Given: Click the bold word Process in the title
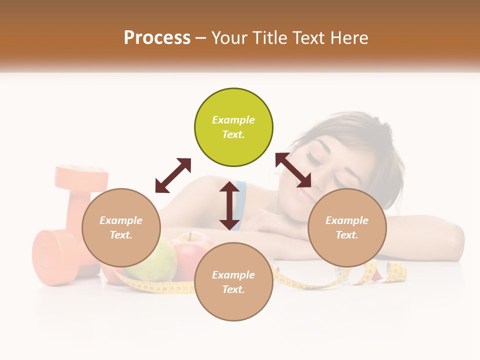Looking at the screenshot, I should [x=157, y=38].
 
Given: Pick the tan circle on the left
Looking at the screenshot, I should [x=121, y=227].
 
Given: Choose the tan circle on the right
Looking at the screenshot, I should [x=347, y=227].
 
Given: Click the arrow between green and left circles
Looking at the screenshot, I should [x=173, y=175].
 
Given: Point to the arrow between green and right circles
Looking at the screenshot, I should [x=293, y=170].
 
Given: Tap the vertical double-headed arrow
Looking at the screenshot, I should [x=229, y=205].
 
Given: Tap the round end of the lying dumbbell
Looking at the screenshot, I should [x=47, y=257].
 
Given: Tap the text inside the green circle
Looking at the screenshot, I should [x=233, y=127].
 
